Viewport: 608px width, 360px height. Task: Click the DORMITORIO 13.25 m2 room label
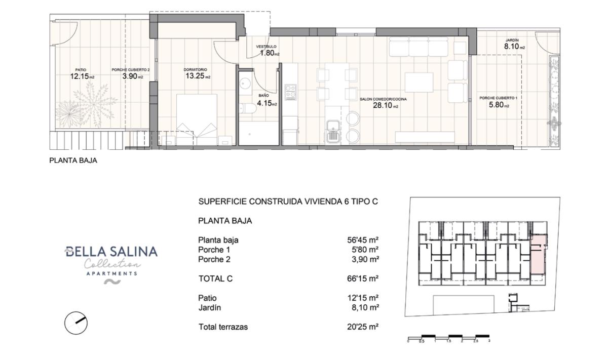pyautogui.click(x=197, y=74)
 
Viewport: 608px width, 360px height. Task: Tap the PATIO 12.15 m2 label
pyautogui.click(x=82, y=74)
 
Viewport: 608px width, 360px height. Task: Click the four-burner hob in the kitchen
pyautogui.click(x=290, y=92)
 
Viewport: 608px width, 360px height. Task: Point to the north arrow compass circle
pyautogui.click(x=76, y=323)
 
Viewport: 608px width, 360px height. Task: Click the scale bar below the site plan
pyautogui.click(x=448, y=337)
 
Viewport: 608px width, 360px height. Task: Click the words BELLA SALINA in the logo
pyautogui.click(x=111, y=252)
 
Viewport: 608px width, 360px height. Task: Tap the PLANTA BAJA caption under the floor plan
pyautogui.click(x=73, y=161)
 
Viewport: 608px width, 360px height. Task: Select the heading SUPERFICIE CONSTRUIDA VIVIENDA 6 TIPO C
pyautogui.click(x=288, y=202)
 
